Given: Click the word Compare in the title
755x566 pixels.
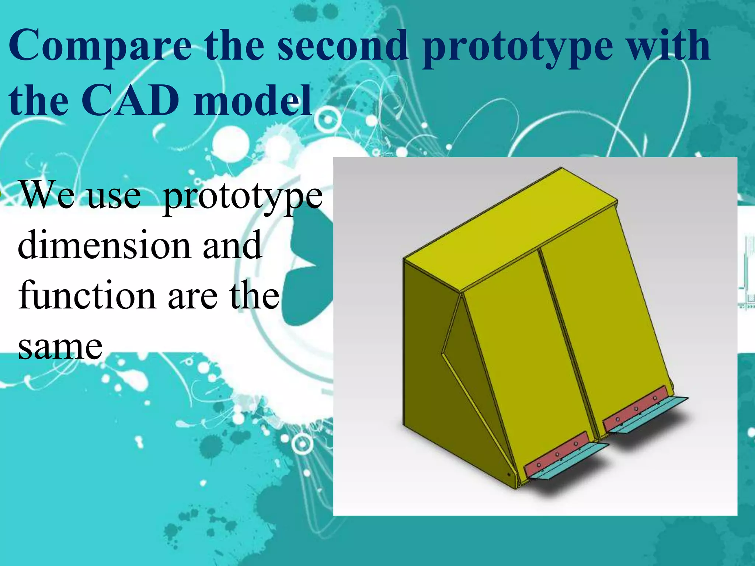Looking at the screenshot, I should [100, 46].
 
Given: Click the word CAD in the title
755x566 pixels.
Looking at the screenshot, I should [130, 100].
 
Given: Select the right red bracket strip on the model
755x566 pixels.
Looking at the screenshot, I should [636, 409].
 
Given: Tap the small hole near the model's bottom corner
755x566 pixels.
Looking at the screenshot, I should [509, 474].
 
